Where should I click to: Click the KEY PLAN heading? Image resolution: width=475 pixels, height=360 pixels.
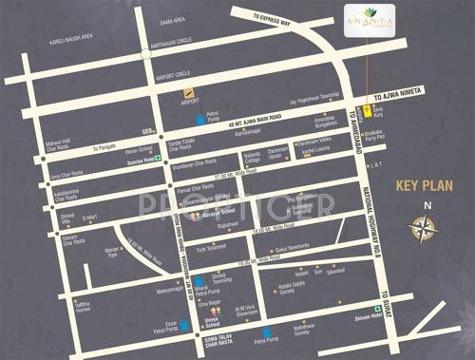click(x=422, y=185)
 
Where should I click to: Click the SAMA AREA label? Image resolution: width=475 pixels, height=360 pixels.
click(x=172, y=19)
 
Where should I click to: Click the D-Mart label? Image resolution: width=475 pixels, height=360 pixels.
click(x=89, y=218)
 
